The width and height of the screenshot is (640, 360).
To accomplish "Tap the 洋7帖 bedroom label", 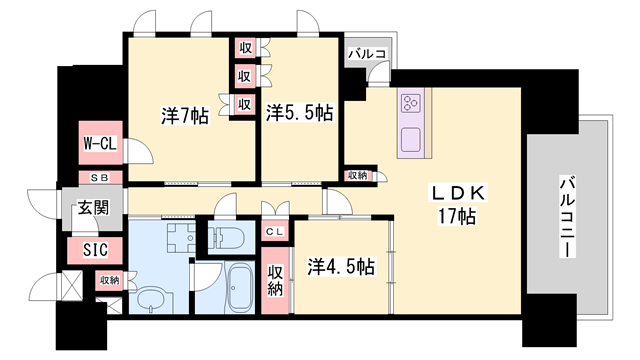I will click(185, 116).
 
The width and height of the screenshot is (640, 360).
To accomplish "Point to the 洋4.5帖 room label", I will click(342, 267).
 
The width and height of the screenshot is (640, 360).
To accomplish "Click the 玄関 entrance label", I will click(93, 209).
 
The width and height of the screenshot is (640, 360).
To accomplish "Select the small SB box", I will click(101, 177).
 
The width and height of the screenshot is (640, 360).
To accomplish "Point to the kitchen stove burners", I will click(413, 103).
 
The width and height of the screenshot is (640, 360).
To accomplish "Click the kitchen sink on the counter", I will click(412, 137).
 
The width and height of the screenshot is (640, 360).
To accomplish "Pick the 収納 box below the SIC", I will click(109, 281).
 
